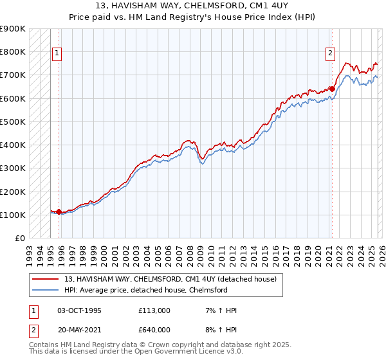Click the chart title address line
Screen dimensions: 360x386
(192, 6)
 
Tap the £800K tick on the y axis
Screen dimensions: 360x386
(12, 51)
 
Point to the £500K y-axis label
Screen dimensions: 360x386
(12, 122)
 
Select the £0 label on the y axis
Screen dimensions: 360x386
(19, 238)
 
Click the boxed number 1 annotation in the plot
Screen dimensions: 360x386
(57, 54)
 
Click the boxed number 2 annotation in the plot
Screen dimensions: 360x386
(330, 54)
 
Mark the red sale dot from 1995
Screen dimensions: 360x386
(59, 212)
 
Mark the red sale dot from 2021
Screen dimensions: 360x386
(332, 89)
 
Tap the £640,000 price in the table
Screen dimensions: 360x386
(154, 329)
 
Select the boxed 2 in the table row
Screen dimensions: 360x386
(33, 329)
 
